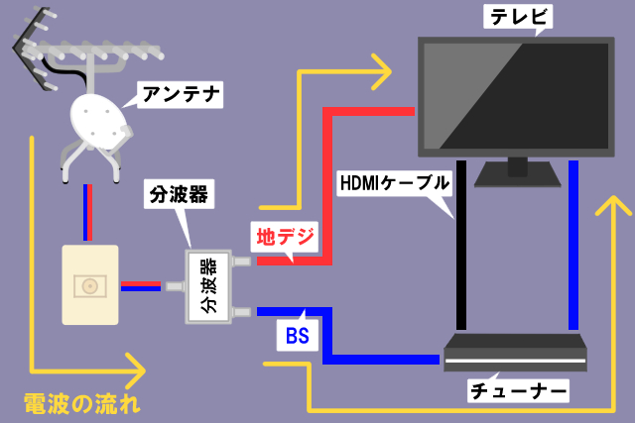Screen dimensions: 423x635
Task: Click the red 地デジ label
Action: [x=286, y=237]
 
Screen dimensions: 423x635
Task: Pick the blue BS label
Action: [x=297, y=335]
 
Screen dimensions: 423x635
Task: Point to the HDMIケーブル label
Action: [x=395, y=182]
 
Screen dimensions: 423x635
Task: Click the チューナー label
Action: [x=518, y=391]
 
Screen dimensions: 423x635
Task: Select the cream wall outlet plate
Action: [x=90, y=285]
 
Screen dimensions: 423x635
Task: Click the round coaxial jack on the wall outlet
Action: [x=90, y=285]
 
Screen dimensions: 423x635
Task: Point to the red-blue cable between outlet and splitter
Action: [x=141, y=286]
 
